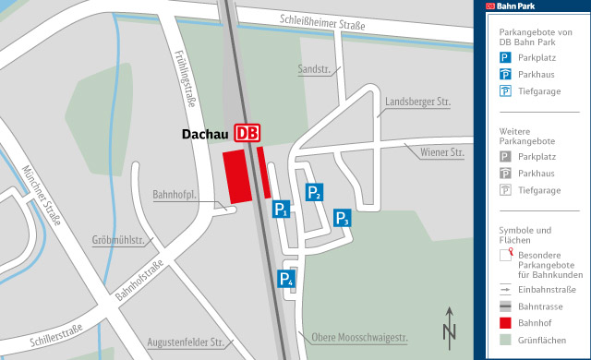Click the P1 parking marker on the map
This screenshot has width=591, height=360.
pyautogui.click(x=282, y=210)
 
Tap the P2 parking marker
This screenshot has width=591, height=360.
pyautogui.click(x=314, y=191)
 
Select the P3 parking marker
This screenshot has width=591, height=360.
pyautogui.click(x=342, y=217)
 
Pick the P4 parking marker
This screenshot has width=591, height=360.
pyautogui.click(x=286, y=279)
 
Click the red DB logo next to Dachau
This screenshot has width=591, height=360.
pyautogui.click(x=247, y=133)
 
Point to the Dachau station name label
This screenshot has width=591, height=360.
pyautogui.click(x=206, y=134)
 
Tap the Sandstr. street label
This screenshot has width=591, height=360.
pyautogui.click(x=313, y=69)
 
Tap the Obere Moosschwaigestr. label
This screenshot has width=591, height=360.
pyautogui.click(x=360, y=337)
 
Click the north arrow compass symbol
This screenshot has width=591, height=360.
pyautogui.click(x=450, y=323)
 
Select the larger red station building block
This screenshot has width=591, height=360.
pyautogui.click(x=237, y=177)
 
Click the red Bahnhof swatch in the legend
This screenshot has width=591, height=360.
pyautogui.click(x=505, y=323)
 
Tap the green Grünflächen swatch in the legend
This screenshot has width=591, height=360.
pyautogui.click(x=505, y=341)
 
